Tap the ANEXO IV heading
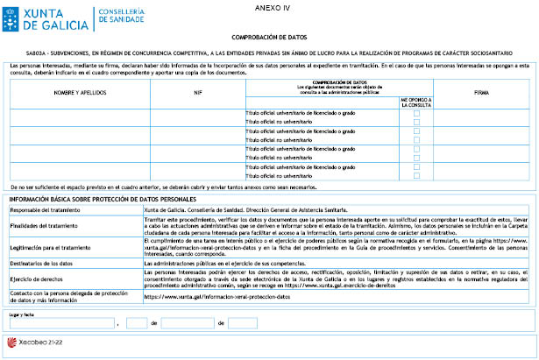(268, 6)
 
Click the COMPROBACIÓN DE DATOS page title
(268, 39)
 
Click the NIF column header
(196, 92)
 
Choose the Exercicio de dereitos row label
(37, 278)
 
